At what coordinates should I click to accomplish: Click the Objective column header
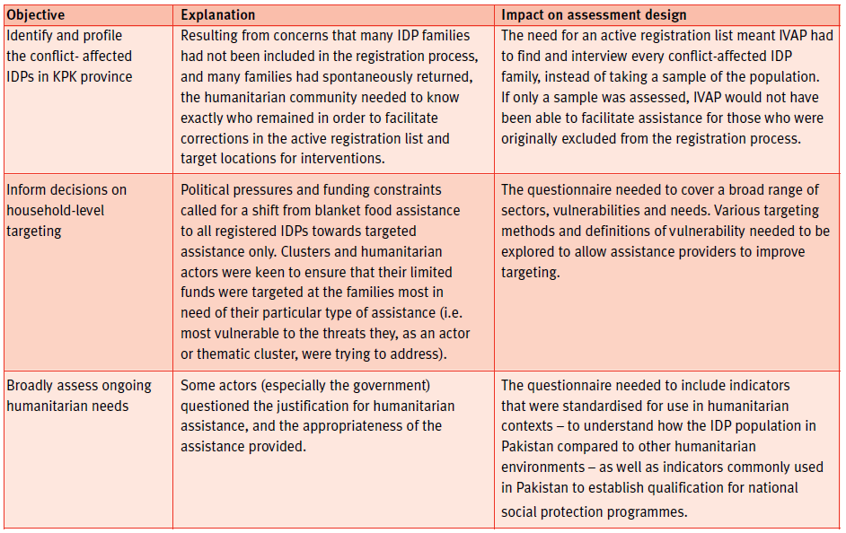coord(36,15)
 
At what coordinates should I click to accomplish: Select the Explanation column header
coord(218,15)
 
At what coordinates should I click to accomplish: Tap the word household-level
coord(57,210)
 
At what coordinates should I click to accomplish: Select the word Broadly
coord(31,386)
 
